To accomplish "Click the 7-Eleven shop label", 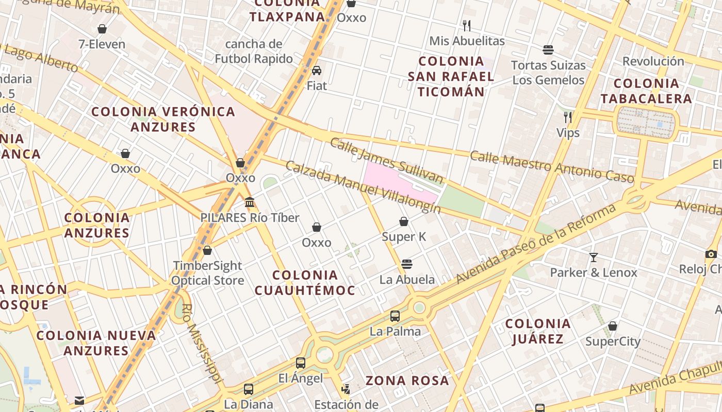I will tap(102, 44).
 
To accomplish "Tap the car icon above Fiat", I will tap(317, 71).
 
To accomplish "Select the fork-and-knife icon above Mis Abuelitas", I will tap(467, 25).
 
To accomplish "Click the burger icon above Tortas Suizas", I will tap(548, 50).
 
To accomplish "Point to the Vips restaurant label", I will tap(568, 133).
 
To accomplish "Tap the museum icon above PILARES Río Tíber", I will tap(250, 202).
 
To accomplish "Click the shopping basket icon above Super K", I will tap(404, 221).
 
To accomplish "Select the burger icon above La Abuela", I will tap(407, 264).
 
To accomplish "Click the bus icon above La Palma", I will tap(395, 316).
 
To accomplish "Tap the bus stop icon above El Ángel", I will tap(301, 363).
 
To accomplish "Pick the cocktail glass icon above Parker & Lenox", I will tap(594, 257).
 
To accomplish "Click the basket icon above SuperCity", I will tap(613, 326).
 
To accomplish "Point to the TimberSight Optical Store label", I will tap(207, 273).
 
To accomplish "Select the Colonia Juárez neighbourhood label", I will tap(538, 331).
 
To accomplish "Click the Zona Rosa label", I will tap(407, 381).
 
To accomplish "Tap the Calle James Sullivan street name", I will tap(386, 160).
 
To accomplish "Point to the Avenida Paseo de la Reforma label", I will tap(536, 244).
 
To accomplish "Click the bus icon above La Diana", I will tap(249, 389).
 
